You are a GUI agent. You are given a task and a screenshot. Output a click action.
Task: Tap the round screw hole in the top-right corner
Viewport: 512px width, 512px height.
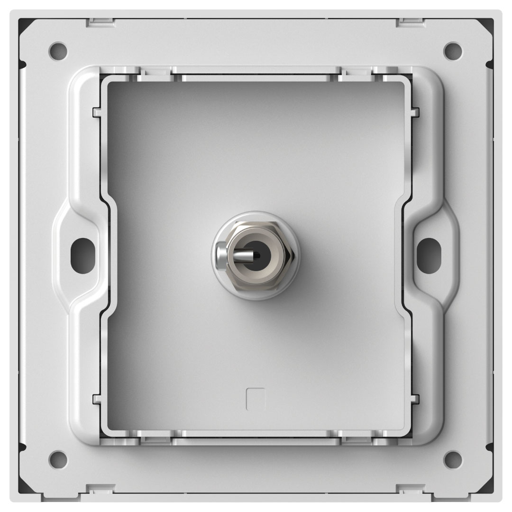pyautogui.click(x=453, y=49)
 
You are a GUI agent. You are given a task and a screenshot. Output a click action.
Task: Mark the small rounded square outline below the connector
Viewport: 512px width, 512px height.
pyautogui.click(x=256, y=399)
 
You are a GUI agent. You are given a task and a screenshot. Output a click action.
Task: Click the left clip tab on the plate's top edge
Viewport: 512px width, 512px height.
pyautogui.click(x=101, y=21)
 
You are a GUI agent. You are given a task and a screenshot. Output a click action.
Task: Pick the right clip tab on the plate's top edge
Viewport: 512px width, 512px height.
pyautogui.click(x=411, y=21)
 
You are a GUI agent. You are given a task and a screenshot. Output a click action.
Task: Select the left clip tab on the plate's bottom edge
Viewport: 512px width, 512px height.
pyautogui.click(x=101, y=488)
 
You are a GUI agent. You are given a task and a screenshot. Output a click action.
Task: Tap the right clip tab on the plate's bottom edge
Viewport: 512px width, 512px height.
pyautogui.click(x=411, y=488)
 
